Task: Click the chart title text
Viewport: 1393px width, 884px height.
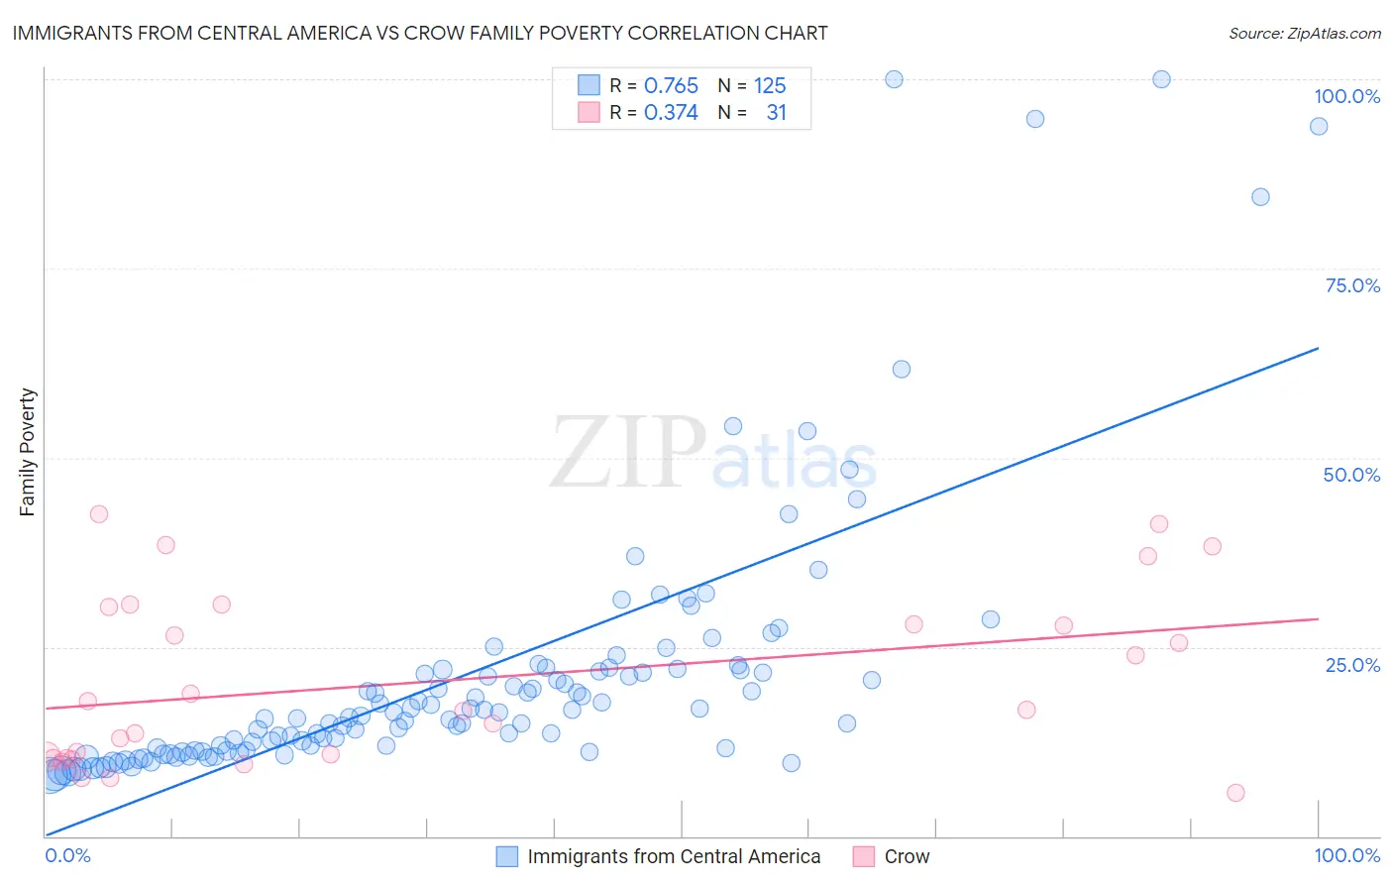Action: point(420,33)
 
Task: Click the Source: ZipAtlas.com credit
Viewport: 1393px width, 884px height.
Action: point(1304,33)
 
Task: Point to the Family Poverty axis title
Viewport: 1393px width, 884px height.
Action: point(28,452)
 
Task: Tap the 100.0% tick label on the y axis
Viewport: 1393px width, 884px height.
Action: point(1346,96)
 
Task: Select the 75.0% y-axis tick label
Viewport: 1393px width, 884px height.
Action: point(1351,285)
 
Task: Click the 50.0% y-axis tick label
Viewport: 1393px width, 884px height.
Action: point(1351,475)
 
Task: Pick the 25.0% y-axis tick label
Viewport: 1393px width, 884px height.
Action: point(1351,665)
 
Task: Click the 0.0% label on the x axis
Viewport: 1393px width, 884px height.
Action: point(67,855)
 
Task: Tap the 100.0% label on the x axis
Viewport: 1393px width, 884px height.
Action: point(1346,855)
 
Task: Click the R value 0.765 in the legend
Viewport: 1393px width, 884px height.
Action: point(671,86)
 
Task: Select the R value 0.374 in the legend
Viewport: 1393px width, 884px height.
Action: point(671,113)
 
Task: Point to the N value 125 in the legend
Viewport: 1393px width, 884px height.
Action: point(770,86)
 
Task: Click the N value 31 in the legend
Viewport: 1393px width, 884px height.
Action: point(776,113)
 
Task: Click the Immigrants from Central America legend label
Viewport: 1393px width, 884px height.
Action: point(674,856)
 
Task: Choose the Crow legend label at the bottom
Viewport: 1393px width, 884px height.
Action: point(907,856)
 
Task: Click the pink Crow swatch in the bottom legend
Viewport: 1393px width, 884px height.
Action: point(864,856)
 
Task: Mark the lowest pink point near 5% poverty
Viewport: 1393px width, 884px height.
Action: point(1234,793)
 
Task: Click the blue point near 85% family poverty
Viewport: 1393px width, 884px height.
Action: point(1260,197)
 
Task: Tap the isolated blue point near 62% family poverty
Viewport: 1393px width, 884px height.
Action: point(901,370)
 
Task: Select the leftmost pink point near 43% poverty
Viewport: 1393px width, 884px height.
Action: point(99,514)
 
